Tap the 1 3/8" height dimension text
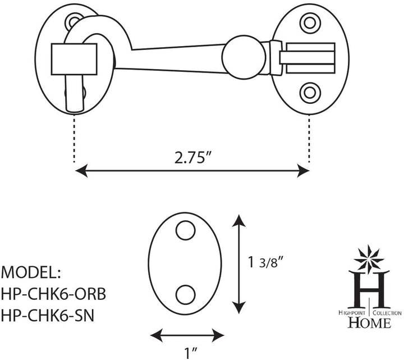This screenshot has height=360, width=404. [268, 262]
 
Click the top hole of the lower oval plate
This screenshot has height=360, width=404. [185, 230]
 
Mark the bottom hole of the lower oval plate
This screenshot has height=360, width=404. [185, 294]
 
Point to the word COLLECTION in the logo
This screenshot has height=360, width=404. [387, 312]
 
